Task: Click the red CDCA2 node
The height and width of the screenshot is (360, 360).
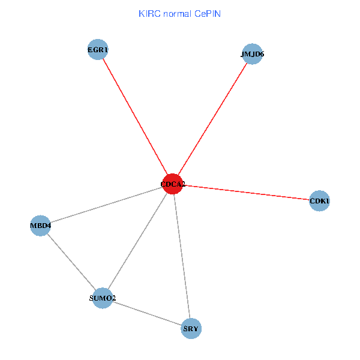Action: pyautogui.click(x=172, y=184)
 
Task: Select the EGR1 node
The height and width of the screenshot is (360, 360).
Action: pyautogui.click(x=97, y=50)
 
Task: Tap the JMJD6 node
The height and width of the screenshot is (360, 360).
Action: pyautogui.click(x=253, y=54)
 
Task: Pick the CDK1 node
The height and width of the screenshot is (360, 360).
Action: pyautogui.click(x=319, y=202)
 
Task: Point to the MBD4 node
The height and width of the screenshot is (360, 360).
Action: pyautogui.click(x=40, y=226)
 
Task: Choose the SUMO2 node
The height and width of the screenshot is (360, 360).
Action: pyautogui.click(x=103, y=298)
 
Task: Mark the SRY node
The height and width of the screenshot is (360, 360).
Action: pyautogui.click(x=191, y=329)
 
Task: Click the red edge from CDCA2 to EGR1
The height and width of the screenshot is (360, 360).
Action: pyautogui.click(x=134, y=117)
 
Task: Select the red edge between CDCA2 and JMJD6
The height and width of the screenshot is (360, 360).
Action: pyautogui.click(x=212, y=119)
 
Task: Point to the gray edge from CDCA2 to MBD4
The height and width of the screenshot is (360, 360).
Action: pyautogui.click(x=106, y=205)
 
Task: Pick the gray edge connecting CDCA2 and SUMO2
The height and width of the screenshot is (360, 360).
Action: pyautogui.click(x=137, y=241)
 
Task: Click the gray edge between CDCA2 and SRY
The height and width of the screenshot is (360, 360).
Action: pyautogui.click(x=181, y=256)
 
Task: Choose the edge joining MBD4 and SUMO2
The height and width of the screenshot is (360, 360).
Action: pyautogui.click(x=71, y=262)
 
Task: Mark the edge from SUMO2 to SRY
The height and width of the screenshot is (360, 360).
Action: pyautogui.click(x=147, y=314)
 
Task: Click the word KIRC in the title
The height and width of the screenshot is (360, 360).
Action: pyautogui.click(x=149, y=13)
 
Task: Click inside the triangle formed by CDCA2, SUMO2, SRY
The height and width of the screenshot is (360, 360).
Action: pyautogui.click(x=155, y=271)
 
